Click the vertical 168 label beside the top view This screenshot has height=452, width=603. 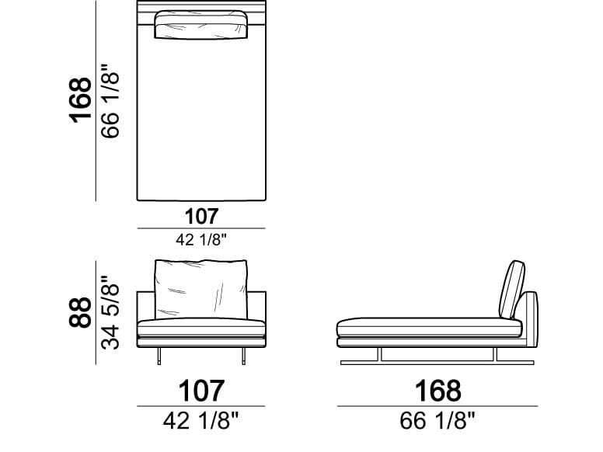pyautogui.click(x=80, y=101)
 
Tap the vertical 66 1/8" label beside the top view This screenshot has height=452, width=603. pyautogui.click(x=110, y=101)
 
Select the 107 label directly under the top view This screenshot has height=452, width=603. pyautogui.click(x=201, y=217)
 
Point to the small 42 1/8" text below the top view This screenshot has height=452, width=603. pyautogui.click(x=201, y=240)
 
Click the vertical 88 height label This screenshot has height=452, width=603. pyautogui.click(x=80, y=312)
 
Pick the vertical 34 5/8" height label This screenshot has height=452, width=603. pyautogui.click(x=110, y=312)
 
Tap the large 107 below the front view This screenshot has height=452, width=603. pyautogui.click(x=201, y=391)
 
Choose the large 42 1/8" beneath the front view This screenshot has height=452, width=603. pyautogui.click(x=201, y=420)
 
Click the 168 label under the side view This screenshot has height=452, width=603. pyautogui.click(x=438, y=391)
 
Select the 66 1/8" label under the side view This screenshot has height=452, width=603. pyautogui.click(x=437, y=420)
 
